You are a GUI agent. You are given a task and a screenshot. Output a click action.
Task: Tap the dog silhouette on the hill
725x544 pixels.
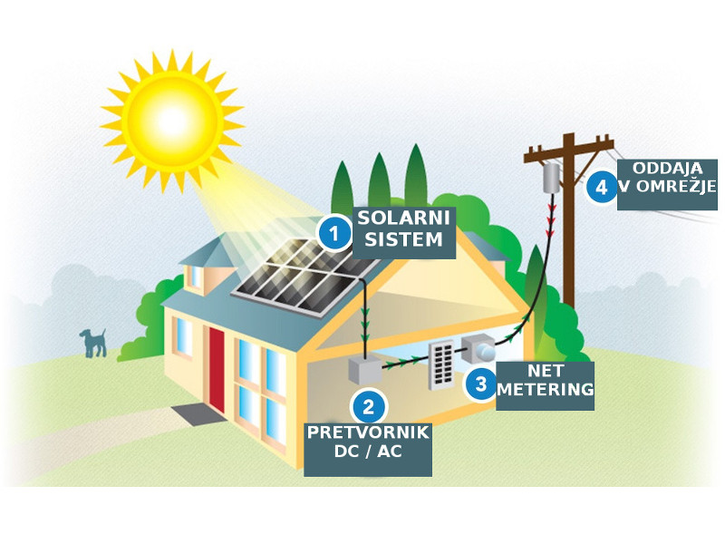click(x=92, y=343)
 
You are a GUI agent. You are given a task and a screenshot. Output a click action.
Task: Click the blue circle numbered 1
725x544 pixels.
click(x=334, y=233)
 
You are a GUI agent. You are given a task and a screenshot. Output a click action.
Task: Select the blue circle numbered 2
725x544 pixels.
click(x=368, y=405)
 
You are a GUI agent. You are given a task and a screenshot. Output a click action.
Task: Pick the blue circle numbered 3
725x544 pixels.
click(x=480, y=383)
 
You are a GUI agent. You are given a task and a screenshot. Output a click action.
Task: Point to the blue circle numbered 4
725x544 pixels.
click(x=598, y=188)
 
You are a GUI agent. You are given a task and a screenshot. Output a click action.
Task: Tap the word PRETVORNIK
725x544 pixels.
click(x=367, y=432)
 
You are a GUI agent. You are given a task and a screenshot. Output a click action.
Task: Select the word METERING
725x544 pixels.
click(x=546, y=390)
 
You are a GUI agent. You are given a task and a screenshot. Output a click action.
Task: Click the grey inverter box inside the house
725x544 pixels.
click(x=366, y=373)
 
